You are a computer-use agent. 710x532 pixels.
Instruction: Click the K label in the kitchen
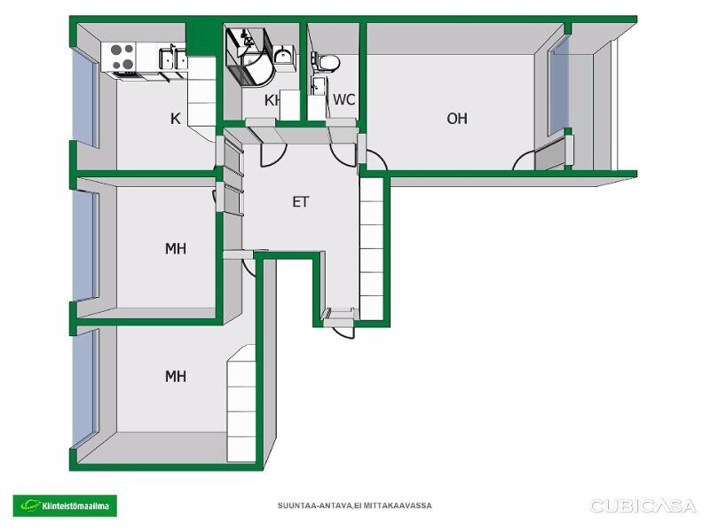pyautogui.click(x=175, y=119)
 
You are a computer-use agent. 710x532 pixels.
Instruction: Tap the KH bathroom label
pyautogui.click(x=272, y=100)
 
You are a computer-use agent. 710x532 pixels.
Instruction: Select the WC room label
pyautogui.click(x=343, y=99)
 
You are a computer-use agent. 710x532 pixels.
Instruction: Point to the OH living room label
pyautogui.click(x=457, y=119)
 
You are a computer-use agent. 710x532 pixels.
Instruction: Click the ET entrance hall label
pyautogui.click(x=301, y=202)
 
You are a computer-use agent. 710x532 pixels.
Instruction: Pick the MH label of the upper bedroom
pyautogui.click(x=176, y=248)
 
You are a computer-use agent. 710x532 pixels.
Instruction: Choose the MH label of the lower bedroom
pyautogui.click(x=176, y=376)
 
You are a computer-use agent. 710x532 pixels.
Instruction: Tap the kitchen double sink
pyautogui.click(x=173, y=59)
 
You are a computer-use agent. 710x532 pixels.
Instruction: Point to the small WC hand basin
pyautogui.click(x=318, y=86)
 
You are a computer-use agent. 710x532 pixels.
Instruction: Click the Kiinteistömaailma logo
pyautogui.click(x=65, y=505)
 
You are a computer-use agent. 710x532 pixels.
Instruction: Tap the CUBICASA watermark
pyautogui.click(x=643, y=505)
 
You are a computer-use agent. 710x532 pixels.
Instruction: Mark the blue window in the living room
pyautogui.click(x=559, y=86)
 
